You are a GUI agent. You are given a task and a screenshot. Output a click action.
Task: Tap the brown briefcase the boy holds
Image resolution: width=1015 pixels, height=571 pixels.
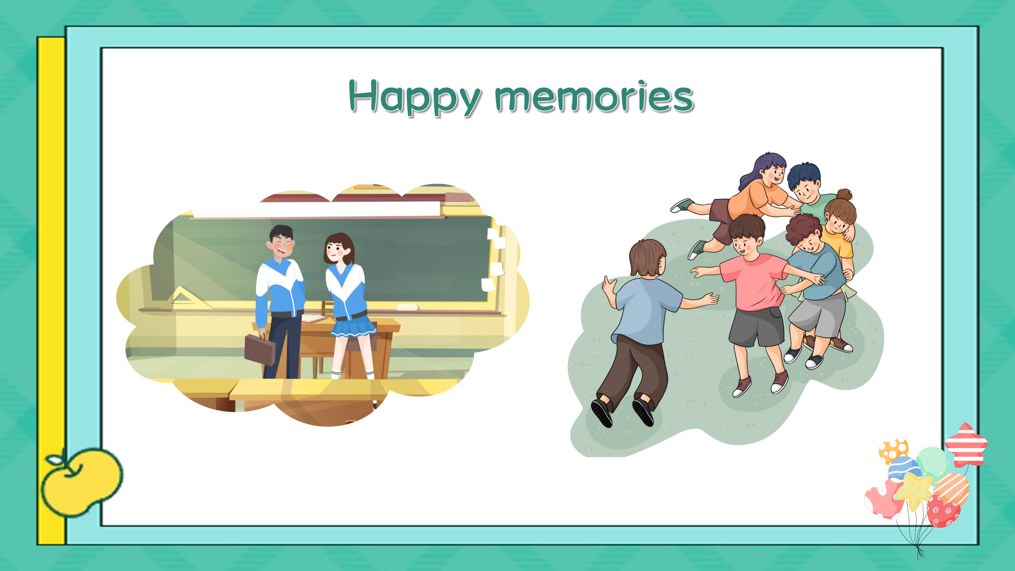[260, 350]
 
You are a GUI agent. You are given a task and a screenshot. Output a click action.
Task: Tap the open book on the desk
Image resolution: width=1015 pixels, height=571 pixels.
[313, 318]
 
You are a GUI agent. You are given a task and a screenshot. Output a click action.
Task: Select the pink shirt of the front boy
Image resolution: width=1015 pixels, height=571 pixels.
[749, 284]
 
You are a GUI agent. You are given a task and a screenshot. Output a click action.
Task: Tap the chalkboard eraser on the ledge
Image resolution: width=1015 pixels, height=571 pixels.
[408, 307]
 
